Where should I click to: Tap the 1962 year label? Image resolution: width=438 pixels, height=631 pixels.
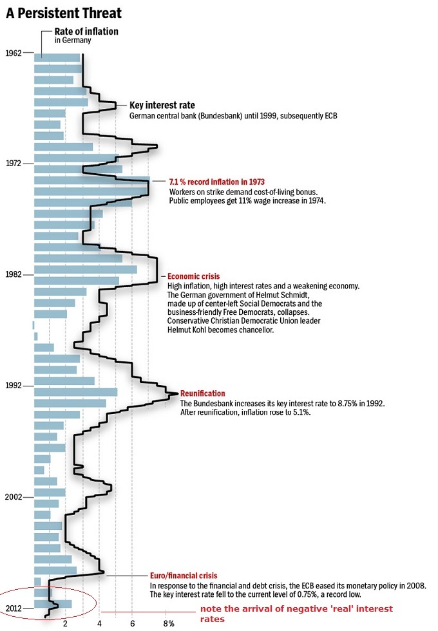[x=13, y=52]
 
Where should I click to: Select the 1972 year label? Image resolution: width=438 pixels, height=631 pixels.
[x=13, y=164]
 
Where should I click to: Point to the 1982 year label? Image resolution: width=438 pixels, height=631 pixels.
[x=13, y=274]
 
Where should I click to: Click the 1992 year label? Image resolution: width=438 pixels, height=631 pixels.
[x=13, y=386]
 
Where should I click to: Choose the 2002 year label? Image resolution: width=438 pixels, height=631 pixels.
[x=13, y=497]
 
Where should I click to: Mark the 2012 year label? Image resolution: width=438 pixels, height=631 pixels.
[x=13, y=608]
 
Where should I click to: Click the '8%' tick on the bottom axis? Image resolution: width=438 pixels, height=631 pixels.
[x=168, y=623]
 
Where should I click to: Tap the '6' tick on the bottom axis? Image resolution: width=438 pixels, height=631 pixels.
[x=133, y=623]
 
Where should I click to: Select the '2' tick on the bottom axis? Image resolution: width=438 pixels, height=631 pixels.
[x=65, y=623]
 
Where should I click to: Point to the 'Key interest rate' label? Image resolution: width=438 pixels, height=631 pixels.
[x=162, y=105]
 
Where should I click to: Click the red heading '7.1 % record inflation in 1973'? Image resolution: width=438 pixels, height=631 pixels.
[x=216, y=182]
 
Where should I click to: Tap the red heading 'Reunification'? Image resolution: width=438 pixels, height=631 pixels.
[x=202, y=393]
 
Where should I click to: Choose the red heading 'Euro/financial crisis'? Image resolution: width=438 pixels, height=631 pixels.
[x=184, y=576]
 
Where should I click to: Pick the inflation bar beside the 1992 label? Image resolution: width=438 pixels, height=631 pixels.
[x=75, y=391]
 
